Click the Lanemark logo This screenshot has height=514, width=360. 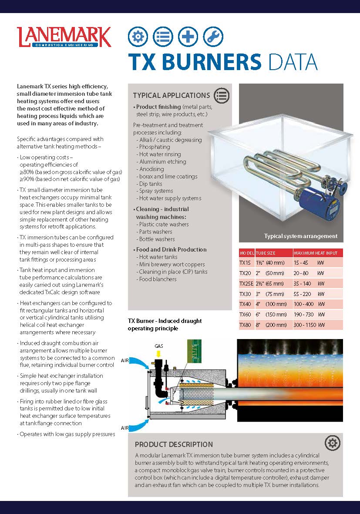click(x=64, y=37)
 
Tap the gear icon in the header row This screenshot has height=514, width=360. click(x=138, y=37)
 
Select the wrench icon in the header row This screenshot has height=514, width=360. click(x=213, y=37)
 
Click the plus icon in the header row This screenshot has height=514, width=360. click(x=188, y=37)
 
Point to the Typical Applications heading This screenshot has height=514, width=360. click(x=171, y=95)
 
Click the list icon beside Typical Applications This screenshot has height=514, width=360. click(x=222, y=95)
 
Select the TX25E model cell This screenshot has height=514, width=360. click(x=246, y=283)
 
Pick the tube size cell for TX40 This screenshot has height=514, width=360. click(x=270, y=304)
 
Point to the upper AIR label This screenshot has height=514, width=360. click(x=125, y=360)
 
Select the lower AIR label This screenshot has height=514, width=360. click(x=125, y=428)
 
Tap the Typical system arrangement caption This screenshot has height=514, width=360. click(x=300, y=236)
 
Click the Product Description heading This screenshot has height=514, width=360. click(x=174, y=444)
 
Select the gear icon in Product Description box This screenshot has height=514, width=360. click(x=332, y=443)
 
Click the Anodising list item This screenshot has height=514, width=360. click(x=151, y=169)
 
